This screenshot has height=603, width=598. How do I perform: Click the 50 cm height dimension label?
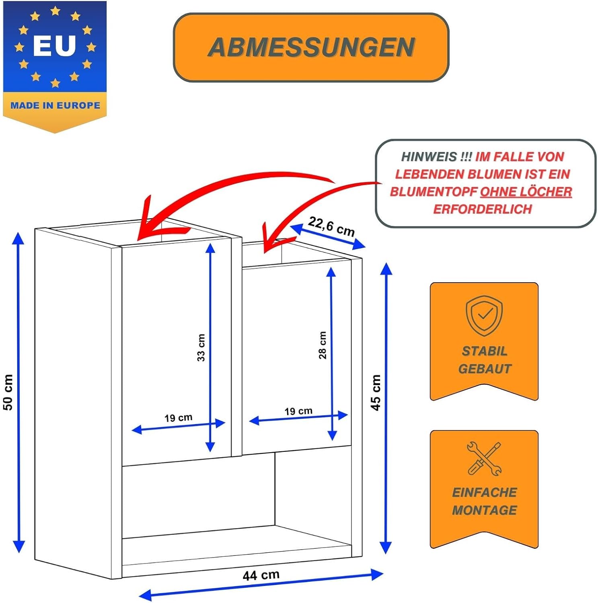pyautogui.click(x=8, y=392)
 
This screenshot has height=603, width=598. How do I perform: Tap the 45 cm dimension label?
pyautogui.click(x=375, y=392)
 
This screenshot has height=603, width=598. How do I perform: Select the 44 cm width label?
pyautogui.click(x=261, y=575)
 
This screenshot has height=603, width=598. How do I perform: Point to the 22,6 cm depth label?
pyautogui.click(x=331, y=226)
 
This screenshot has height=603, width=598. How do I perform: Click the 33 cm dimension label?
pyautogui.click(x=201, y=348)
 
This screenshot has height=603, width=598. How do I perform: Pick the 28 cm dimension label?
pyautogui.click(x=322, y=345)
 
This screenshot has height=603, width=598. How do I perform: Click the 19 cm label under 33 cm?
pyautogui.click(x=178, y=418)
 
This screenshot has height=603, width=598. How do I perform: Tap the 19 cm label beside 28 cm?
pyautogui.click(x=298, y=411)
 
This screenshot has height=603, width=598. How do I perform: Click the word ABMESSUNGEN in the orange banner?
pyautogui.click(x=311, y=47)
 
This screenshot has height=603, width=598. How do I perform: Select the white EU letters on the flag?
pyautogui.click(x=54, y=45)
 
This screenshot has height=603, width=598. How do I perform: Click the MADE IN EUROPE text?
pyautogui.click(x=55, y=105)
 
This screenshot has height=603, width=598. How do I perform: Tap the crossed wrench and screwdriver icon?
pyautogui.click(x=484, y=459)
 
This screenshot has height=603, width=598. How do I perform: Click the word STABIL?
pyautogui.click(x=485, y=351)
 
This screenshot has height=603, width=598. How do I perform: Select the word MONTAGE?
pyautogui.click(x=485, y=510)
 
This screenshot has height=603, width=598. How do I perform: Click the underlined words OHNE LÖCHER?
pyautogui.click(x=526, y=192)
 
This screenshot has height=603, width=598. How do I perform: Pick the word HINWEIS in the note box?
pyautogui.click(x=429, y=156)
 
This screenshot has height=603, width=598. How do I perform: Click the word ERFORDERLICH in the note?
pyautogui.click(x=483, y=209)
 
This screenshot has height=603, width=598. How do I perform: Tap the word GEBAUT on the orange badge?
pyautogui.click(x=485, y=369)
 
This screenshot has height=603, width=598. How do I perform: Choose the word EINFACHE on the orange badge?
pyautogui.click(x=485, y=492)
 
